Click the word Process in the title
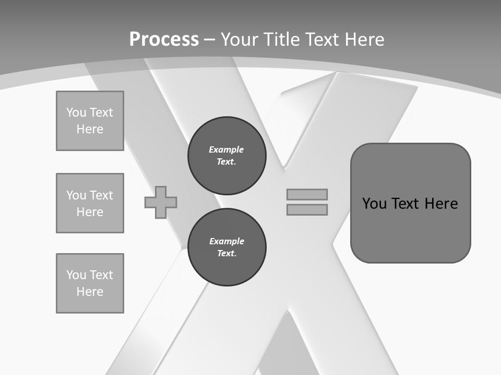[x=164, y=40]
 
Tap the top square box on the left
[x=90, y=121]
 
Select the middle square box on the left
[x=90, y=203]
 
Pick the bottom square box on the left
[x=90, y=283]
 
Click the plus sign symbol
[x=161, y=202]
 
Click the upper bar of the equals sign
[x=307, y=194]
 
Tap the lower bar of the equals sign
[x=307, y=209]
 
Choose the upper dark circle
[x=226, y=155]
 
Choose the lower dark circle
[x=226, y=247]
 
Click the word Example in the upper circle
[x=226, y=149]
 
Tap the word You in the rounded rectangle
[x=374, y=204]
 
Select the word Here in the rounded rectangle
[x=441, y=204]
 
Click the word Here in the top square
[x=90, y=129]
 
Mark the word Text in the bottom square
[x=101, y=275]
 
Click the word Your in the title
[x=240, y=40]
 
